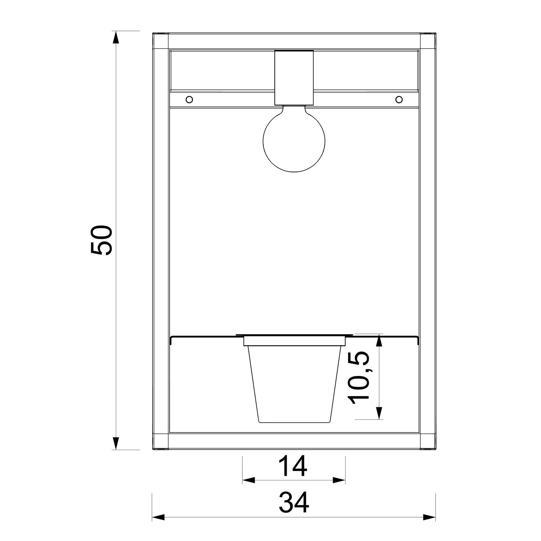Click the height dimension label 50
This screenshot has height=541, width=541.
pos(102,241)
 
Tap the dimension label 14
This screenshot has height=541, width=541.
pos(294,466)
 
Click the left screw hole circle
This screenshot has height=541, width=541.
pos(189,99)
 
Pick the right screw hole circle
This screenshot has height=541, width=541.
pos(399,99)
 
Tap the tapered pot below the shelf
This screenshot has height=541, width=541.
pos(294,384)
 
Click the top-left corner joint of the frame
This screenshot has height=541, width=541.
pos(160,41)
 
